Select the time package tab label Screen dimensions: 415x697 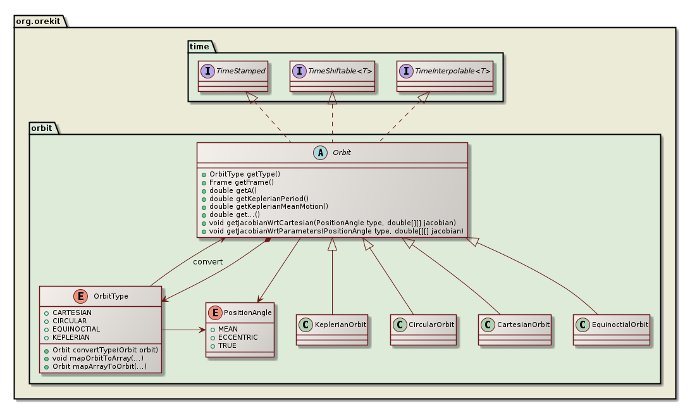200,46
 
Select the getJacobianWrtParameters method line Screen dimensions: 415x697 333,231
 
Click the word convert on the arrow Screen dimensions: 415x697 207,261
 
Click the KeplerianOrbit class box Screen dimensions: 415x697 333,329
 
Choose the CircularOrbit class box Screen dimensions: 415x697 423,329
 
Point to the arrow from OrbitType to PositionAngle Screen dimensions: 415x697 183,330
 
